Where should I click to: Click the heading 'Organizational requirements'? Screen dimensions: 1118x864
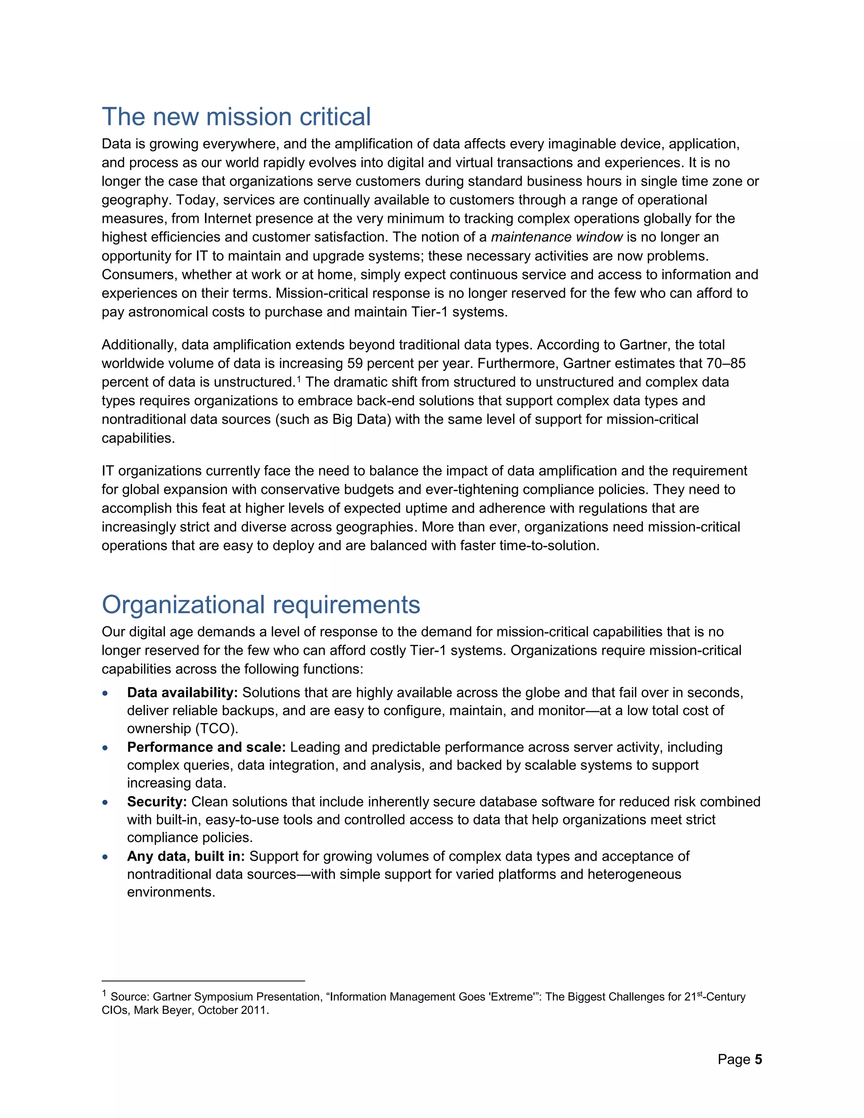pos(261,605)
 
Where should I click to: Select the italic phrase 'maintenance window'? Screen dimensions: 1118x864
pos(556,237)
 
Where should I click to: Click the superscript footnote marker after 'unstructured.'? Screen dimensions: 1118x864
pos(299,379)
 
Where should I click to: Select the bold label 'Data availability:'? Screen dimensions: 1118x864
pos(182,693)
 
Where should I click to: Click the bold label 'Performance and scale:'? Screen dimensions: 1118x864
pos(206,748)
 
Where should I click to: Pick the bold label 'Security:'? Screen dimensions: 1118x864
pos(157,802)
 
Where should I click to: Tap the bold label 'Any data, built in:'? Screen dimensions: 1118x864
pos(186,856)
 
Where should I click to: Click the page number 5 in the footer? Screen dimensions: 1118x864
pos(758,1059)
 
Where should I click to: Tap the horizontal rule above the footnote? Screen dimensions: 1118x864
pos(203,981)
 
